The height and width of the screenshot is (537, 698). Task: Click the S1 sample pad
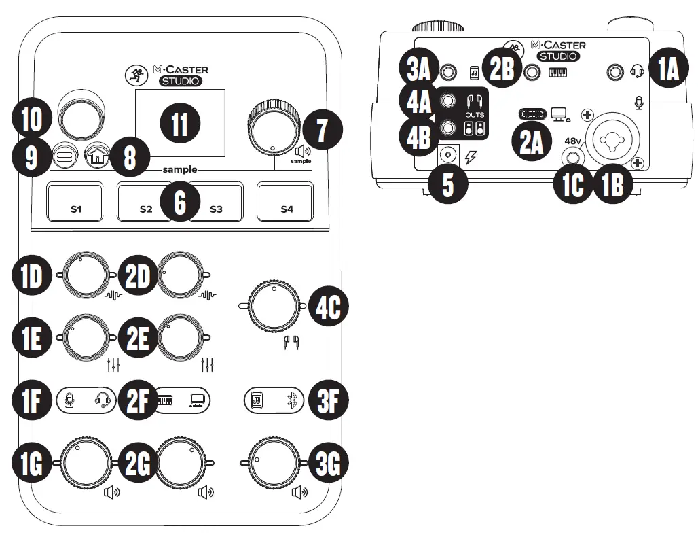click(75, 202)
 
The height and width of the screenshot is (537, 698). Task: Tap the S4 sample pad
click(286, 202)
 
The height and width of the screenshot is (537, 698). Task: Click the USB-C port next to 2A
click(532, 114)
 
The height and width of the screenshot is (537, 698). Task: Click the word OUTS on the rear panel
click(475, 116)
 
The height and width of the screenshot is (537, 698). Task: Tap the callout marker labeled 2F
click(137, 400)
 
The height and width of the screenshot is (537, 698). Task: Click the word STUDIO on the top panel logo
click(181, 81)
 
